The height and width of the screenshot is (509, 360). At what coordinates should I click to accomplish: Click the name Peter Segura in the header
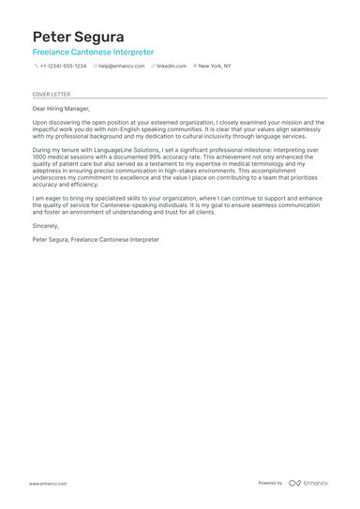[78, 37]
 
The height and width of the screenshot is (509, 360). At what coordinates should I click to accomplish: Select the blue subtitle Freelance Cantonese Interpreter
[93, 52]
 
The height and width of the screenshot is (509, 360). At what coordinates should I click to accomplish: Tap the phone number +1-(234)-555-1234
[63, 67]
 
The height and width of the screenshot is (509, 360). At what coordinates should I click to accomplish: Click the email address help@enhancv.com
[122, 67]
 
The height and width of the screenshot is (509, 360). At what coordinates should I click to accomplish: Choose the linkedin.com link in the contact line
[172, 67]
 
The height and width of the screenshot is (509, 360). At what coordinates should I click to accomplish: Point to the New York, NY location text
[215, 67]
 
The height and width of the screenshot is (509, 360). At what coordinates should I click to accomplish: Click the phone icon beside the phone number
[36, 67]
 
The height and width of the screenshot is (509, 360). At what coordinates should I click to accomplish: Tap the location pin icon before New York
[195, 67]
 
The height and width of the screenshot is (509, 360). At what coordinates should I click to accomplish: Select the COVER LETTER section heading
[52, 95]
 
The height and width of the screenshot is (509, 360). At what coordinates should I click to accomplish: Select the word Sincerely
[46, 226]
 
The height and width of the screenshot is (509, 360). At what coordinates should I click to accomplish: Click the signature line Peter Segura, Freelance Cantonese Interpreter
[96, 240]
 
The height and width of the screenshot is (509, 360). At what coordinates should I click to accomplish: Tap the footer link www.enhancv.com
[47, 484]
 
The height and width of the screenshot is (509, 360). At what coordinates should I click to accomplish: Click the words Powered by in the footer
[270, 483]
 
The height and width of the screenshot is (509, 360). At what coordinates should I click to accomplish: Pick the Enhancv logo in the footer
[308, 483]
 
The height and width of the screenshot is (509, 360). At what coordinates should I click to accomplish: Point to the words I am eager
[47, 199]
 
